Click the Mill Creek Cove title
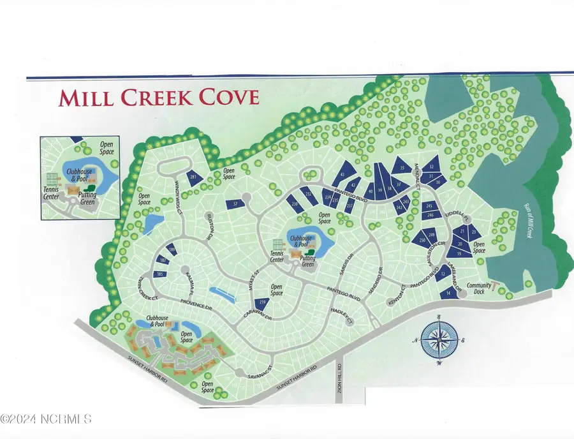coord(159,98)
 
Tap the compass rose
coord(439,339)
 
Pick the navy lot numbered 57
coord(235,204)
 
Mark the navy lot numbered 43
coord(342,174)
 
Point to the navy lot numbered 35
coord(402,168)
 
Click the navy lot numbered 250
coord(422,240)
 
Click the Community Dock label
coord(479,288)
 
